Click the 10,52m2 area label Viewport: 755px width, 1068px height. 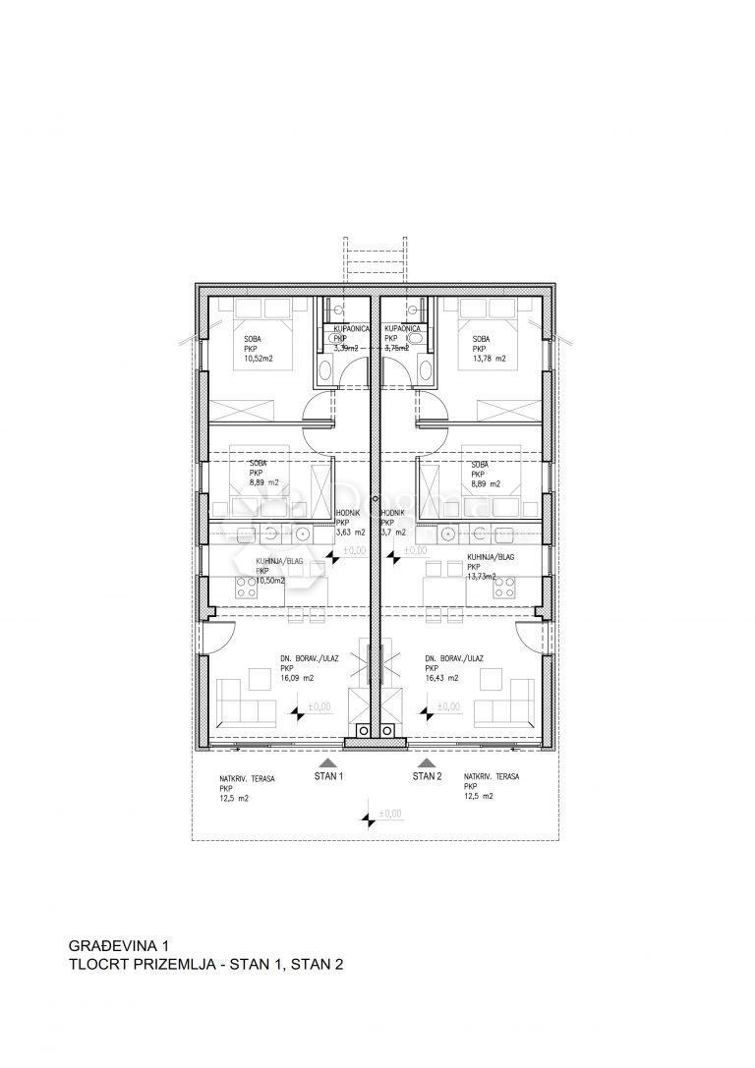[259, 359]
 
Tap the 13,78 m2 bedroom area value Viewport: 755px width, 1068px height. [489, 359]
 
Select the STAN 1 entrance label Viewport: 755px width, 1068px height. [328, 776]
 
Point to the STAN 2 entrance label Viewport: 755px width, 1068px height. [427, 776]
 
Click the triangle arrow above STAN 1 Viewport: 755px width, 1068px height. [328, 760]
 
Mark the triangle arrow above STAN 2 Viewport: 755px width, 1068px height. [427, 760]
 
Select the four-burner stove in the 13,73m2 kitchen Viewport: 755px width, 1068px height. [504, 588]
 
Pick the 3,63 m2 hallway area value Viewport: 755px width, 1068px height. [350, 533]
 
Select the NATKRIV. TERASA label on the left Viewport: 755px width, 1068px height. [247, 778]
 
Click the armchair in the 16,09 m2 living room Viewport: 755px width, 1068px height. [259, 678]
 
